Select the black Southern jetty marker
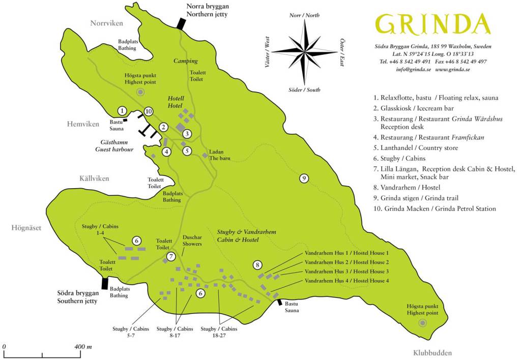click(105, 283)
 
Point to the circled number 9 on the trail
click(304, 178)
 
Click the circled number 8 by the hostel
click(258, 264)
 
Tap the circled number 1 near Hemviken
click(122, 110)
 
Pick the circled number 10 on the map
click(148, 111)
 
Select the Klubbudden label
click(432, 353)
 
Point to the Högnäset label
click(26, 228)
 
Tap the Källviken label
click(94, 178)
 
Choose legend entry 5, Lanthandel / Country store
click(415, 148)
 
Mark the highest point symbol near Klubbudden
click(422, 323)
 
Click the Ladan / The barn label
click(220, 155)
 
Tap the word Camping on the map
click(185, 61)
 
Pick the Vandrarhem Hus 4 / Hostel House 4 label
click(346, 281)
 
